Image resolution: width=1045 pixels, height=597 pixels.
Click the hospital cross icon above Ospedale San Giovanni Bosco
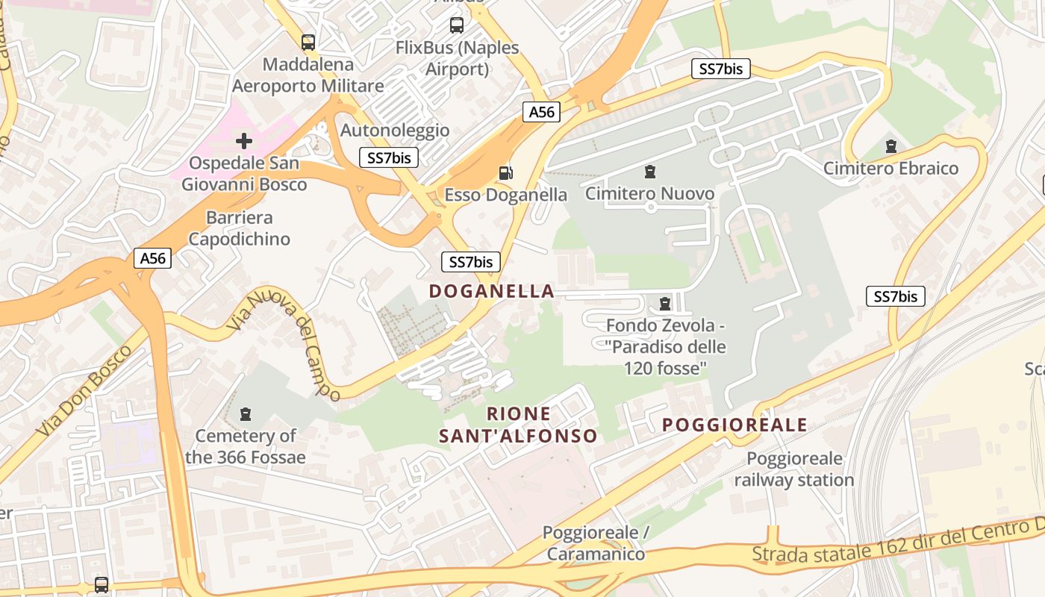point(244,140)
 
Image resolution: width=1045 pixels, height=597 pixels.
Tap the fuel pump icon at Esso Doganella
point(506,173)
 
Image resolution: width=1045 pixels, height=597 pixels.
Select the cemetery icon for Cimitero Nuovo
point(650,172)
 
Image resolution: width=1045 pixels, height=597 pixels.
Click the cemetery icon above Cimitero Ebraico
point(890,146)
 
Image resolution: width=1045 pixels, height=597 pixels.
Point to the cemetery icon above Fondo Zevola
point(665,304)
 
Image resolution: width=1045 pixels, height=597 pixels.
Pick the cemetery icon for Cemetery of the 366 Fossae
point(246,413)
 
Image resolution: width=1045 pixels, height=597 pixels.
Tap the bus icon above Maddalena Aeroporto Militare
point(308,43)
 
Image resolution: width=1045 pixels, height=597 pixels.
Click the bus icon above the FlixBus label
point(457,25)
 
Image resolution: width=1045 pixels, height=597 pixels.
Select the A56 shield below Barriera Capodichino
point(153,258)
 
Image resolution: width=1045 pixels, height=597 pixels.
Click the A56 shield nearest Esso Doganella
point(541,112)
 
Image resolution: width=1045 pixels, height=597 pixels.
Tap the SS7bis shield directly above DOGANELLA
point(470,262)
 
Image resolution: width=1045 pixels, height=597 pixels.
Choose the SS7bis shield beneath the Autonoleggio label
point(388,157)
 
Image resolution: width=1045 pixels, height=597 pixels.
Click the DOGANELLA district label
point(492,291)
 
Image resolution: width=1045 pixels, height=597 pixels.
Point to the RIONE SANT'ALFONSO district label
point(518,425)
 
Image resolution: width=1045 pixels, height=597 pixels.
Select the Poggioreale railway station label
point(794,469)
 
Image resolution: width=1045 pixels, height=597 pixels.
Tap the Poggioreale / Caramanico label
point(596,543)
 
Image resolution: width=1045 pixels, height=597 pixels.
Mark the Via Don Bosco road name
point(83,391)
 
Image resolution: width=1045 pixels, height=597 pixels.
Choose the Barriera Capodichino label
point(239,228)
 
